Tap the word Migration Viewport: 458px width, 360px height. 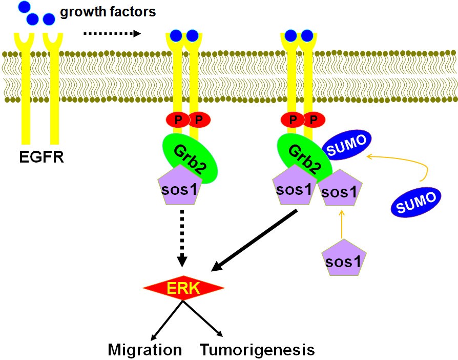pyautogui.click(x=145, y=350)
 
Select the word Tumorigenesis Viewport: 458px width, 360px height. pyautogui.click(x=257, y=350)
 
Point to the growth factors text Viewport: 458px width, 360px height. pyautogui.click(x=108, y=11)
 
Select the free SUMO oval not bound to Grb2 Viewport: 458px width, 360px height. pyautogui.click(x=415, y=200)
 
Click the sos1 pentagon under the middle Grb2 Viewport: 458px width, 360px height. pyautogui.click(x=179, y=186)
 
